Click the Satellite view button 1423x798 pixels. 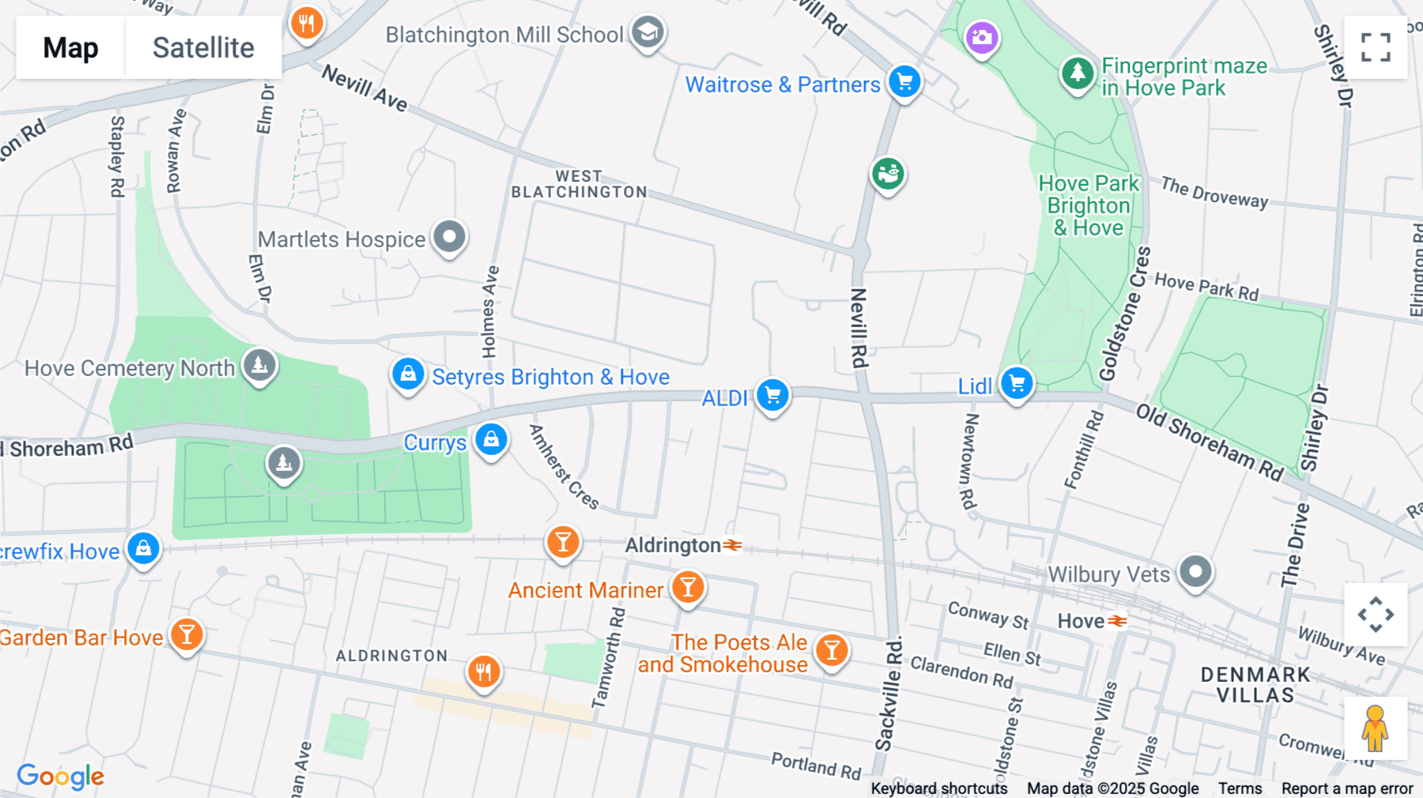(203, 47)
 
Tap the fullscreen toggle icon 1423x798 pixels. (1376, 47)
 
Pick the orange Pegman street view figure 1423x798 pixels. (1375, 728)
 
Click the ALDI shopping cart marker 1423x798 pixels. (772, 394)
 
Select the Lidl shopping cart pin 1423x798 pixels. (1017, 383)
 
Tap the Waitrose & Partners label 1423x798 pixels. (782, 85)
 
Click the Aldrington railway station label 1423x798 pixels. (673, 545)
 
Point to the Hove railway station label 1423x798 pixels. (1081, 621)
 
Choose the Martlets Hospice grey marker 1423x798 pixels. (450, 237)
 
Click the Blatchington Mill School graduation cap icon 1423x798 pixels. (647, 33)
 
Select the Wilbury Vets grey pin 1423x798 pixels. (1195, 572)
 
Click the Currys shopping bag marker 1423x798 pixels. (491, 439)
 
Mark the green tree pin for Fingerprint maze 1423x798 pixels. (1077, 73)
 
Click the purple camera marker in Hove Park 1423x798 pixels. (982, 37)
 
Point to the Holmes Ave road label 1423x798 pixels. (490, 312)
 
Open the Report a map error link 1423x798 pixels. (1346, 789)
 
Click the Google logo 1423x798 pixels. (61, 776)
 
